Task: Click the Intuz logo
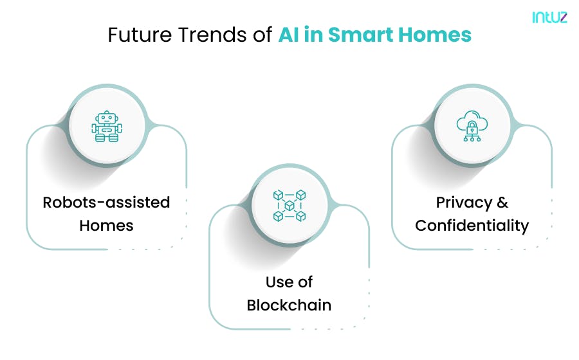coord(549,18)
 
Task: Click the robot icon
coord(106,126)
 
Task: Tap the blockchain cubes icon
coord(289,206)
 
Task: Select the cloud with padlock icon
coord(472,126)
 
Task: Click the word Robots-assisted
coord(106,203)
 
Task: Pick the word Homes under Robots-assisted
coord(106,226)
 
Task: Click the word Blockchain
coord(289,305)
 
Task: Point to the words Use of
coord(289,282)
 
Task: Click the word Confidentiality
coord(472,226)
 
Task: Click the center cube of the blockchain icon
coord(289,206)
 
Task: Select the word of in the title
coord(262,35)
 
